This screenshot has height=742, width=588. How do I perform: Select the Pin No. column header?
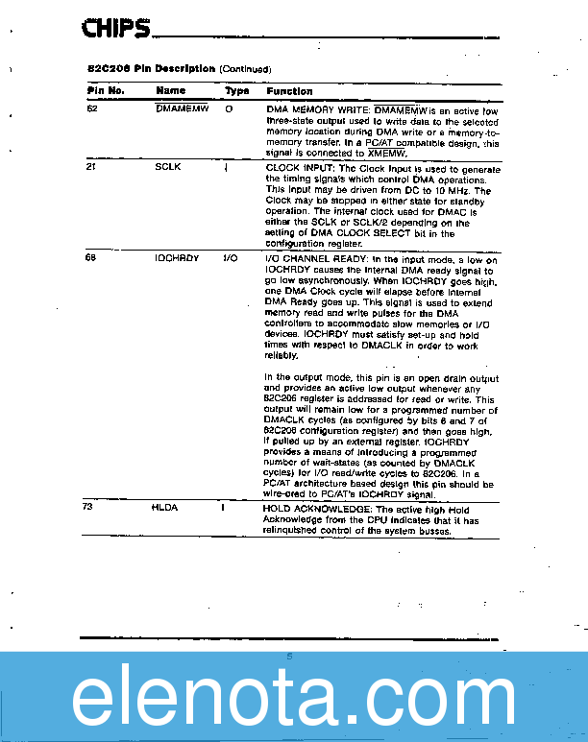coord(106,91)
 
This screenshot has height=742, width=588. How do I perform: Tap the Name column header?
coord(170,91)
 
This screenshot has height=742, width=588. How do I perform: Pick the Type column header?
coord(236,91)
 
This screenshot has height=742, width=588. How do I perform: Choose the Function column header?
coord(289,91)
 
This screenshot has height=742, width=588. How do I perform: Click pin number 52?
coord(92,110)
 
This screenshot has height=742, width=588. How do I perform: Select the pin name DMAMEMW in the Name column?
coord(182,110)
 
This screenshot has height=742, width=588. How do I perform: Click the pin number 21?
coord(91,167)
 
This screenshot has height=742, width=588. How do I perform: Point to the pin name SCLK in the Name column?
coord(168,167)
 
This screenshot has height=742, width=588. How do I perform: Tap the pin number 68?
coord(91,258)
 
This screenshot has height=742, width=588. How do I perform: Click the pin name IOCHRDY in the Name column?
coord(177,258)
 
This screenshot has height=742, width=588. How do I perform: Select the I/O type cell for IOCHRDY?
coord(230,258)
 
